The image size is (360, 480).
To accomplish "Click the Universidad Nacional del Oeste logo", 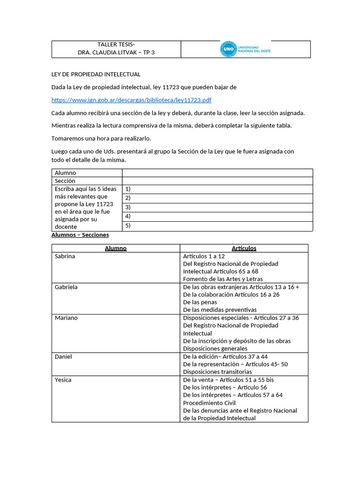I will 245,49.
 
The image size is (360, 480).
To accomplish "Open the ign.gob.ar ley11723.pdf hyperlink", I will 131,100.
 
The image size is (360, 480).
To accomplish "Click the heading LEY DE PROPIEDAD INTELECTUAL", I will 96,75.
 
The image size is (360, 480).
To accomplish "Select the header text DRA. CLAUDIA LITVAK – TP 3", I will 116,52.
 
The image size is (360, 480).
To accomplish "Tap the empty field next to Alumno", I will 217,173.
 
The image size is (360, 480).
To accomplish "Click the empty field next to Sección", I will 217,181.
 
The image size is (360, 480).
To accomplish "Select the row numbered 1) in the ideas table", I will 217,189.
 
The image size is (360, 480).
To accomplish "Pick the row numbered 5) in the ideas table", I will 217,226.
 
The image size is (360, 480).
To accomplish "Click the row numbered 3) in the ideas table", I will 217,208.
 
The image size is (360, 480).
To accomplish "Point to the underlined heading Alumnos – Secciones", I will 80,235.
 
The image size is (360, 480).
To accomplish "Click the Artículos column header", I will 244,248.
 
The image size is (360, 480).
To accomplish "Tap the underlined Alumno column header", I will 115,248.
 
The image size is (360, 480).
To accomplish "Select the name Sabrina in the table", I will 65,256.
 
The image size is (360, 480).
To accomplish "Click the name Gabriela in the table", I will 66,287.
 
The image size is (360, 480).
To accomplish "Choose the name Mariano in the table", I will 66,318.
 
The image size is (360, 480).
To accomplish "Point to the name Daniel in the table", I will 63,357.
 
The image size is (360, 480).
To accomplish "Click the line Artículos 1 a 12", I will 204,256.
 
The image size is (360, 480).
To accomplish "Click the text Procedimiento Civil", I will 209,403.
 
